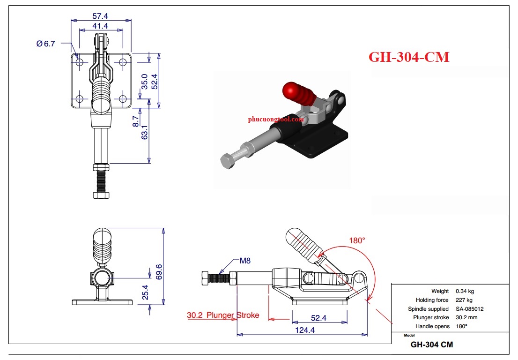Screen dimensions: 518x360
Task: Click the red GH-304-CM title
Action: coord(409,57)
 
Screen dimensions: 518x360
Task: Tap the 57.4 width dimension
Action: coord(100,16)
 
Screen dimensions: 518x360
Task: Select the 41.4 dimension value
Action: coord(100,26)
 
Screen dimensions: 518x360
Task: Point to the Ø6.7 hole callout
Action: coord(45,43)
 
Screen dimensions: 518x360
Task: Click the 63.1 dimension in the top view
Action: coord(145,132)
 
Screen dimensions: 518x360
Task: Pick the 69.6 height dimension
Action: coord(159,271)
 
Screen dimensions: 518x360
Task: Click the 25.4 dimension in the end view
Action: coord(145,292)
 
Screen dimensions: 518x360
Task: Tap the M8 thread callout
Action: coord(245,261)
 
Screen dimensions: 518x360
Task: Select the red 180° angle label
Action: coord(357,240)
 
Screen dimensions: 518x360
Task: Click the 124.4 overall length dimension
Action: coord(304,330)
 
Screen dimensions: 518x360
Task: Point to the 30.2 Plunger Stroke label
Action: coord(223,315)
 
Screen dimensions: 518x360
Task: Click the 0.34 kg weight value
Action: coord(465,291)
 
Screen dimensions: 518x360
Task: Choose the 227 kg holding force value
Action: coord(464,300)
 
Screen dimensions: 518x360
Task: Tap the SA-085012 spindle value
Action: coord(469,309)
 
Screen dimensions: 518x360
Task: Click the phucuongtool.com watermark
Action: coord(276,119)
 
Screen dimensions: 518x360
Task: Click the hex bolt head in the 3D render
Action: coord(227,162)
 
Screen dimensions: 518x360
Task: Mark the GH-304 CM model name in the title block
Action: coord(432,345)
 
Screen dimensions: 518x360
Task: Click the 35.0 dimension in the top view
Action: coord(145,81)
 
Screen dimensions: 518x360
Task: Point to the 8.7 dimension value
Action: coord(136,121)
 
